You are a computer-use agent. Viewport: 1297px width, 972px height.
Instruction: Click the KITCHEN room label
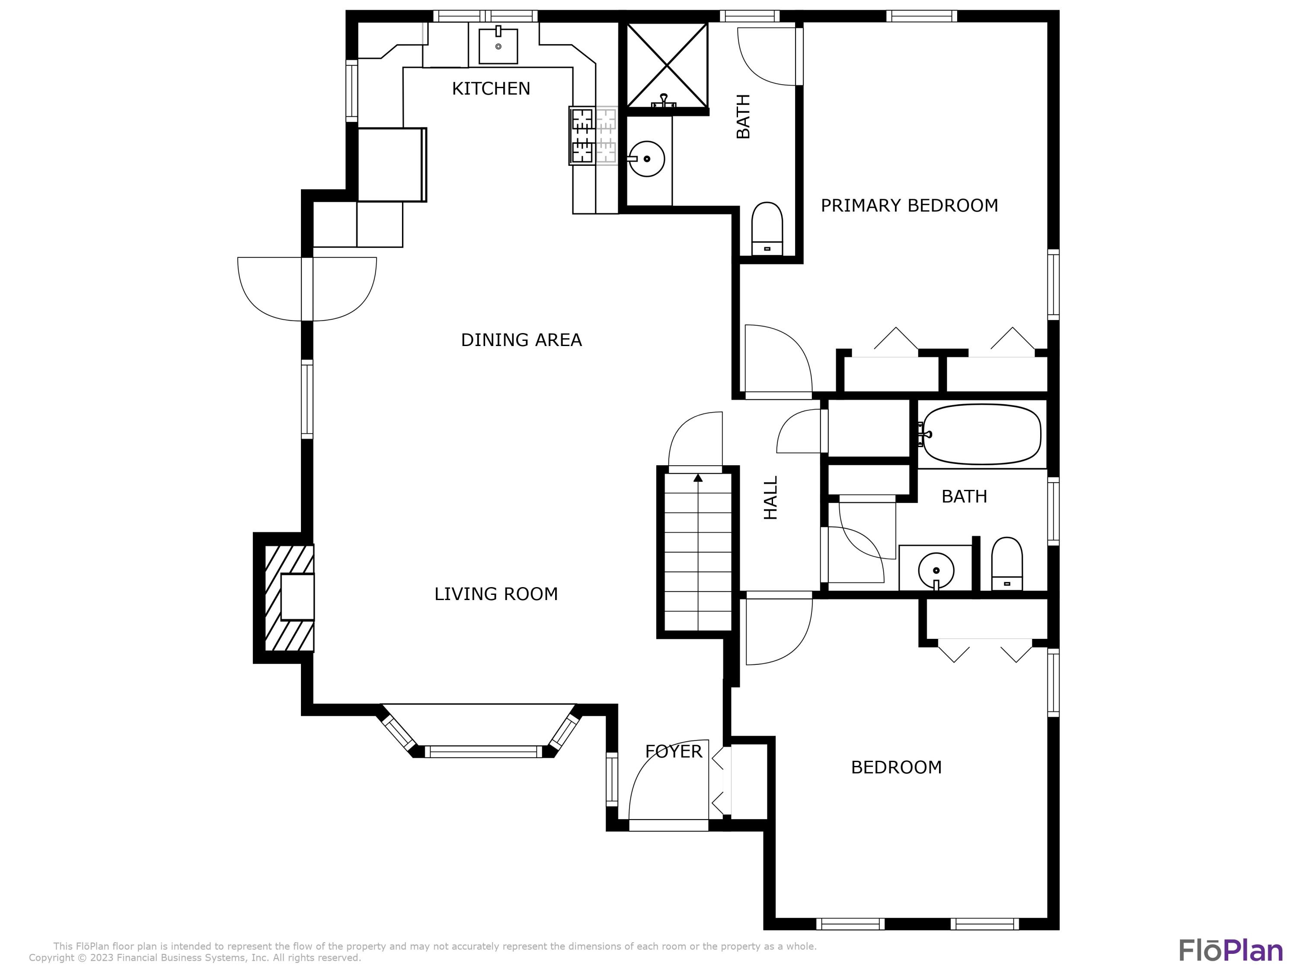[491, 89]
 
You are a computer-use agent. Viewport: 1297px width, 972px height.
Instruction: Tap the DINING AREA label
[521, 340]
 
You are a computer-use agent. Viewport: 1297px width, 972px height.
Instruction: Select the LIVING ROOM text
[496, 594]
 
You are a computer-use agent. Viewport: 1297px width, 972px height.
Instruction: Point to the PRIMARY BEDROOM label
[909, 206]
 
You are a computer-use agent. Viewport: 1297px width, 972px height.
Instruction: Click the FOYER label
[673, 752]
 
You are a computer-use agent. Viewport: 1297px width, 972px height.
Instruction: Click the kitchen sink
[498, 46]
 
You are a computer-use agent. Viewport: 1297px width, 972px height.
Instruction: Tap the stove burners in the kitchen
[593, 135]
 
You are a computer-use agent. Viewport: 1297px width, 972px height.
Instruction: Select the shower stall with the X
[667, 65]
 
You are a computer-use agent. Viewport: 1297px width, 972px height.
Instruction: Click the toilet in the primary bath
[767, 229]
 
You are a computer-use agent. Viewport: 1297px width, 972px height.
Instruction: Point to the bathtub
[982, 434]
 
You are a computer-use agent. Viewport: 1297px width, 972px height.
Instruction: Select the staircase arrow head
[698, 477]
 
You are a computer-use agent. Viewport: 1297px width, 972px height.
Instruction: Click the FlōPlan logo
[1231, 950]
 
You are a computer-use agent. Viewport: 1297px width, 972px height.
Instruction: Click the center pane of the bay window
[483, 752]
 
